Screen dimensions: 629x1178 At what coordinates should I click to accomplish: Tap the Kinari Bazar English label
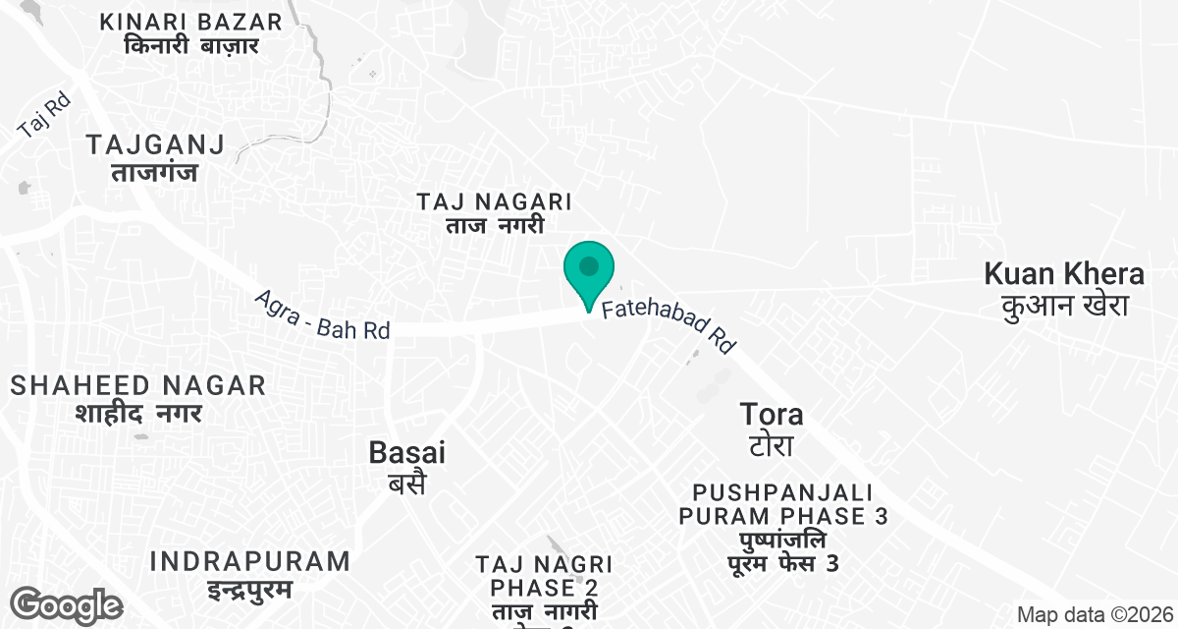pos(191,22)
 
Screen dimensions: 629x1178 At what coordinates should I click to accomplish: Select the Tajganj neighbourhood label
pos(155,144)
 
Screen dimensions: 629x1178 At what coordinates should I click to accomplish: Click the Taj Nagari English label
pos(494,201)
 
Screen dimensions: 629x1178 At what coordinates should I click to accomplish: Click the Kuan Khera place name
pos(1064,273)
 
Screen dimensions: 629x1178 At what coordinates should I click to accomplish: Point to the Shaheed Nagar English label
pos(138,385)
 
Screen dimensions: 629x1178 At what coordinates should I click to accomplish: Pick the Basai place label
pos(406,452)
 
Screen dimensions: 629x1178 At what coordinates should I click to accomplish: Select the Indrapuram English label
pos(250,562)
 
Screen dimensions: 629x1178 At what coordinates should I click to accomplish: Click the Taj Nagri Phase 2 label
pos(544,576)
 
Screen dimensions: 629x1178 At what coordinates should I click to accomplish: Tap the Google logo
pos(67,604)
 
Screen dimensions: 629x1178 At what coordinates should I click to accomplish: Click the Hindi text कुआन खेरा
pos(1064,305)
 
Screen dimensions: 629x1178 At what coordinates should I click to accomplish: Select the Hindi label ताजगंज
pos(155,172)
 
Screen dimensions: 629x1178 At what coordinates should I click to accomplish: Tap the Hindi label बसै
pos(405,483)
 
